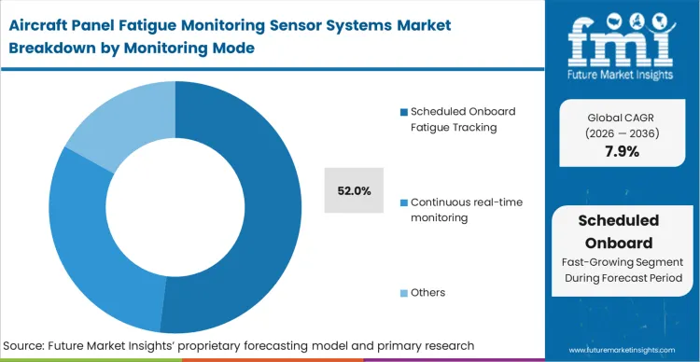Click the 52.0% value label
[x=354, y=191]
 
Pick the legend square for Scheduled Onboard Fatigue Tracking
[x=403, y=112]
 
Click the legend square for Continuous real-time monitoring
[x=403, y=202]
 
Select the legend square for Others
[x=403, y=293]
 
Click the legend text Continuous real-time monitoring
[x=454, y=209]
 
